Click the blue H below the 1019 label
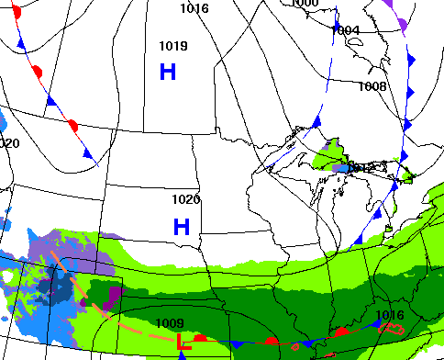(x=168, y=72)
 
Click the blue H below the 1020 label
(x=182, y=226)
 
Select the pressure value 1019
(x=173, y=46)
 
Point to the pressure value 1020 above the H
(x=186, y=199)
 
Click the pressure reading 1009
(x=170, y=323)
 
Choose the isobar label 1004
(x=346, y=30)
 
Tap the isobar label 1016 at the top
(x=194, y=8)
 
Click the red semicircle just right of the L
(x=200, y=339)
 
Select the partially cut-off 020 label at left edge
(x=9, y=143)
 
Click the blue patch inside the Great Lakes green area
(x=343, y=168)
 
